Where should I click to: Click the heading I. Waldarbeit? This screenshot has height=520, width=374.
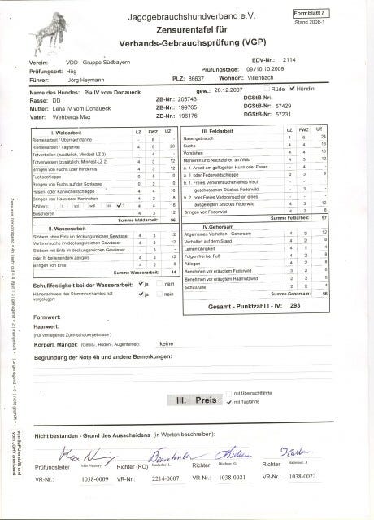[x=63, y=131]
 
